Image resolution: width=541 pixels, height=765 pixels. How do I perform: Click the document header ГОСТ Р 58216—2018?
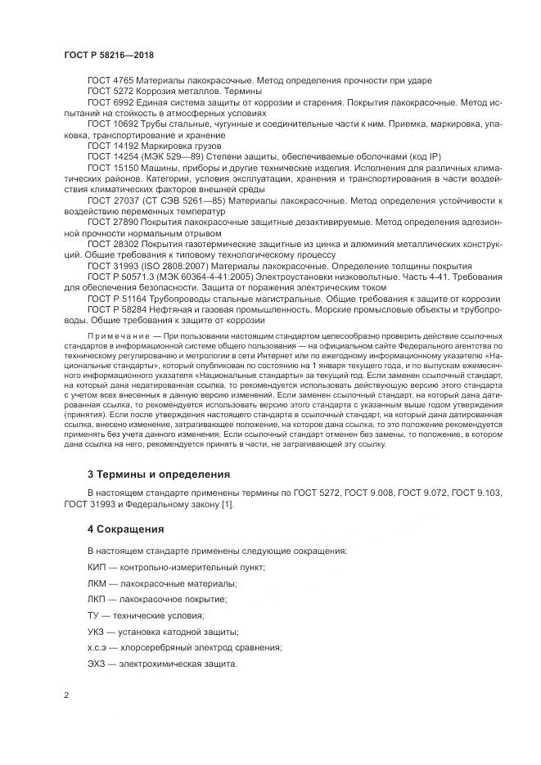tap(108, 54)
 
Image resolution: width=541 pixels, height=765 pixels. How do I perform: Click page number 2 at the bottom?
tap(65, 695)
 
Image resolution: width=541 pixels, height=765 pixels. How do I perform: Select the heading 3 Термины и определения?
tap(158, 474)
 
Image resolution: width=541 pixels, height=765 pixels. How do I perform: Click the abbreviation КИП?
tap(97, 567)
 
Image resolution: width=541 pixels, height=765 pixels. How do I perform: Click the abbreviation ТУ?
tap(93, 615)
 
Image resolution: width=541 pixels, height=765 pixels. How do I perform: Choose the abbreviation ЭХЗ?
tap(97, 664)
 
